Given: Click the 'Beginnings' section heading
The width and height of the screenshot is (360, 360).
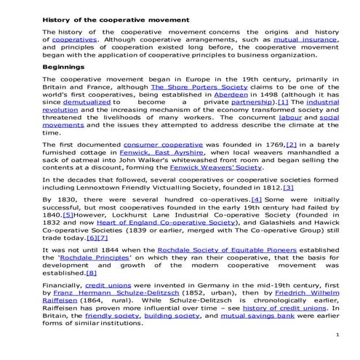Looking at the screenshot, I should [63, 67].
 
